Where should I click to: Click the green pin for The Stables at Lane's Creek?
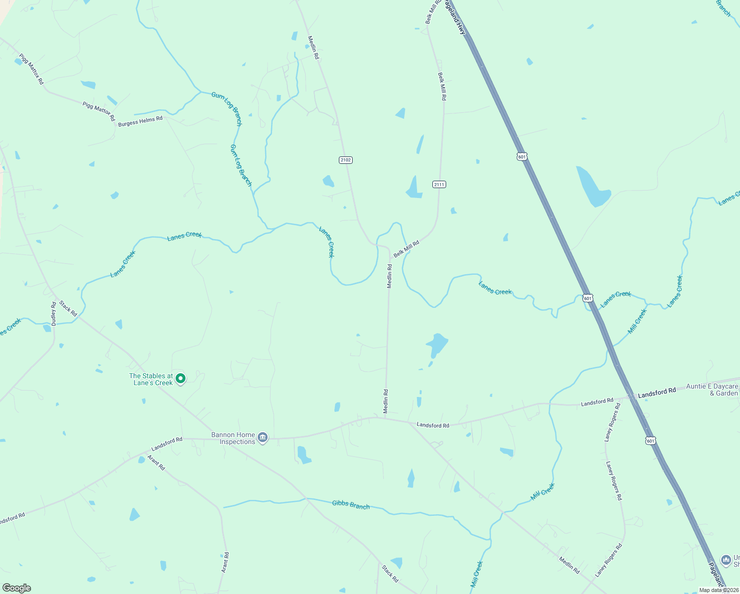tap(181, 378)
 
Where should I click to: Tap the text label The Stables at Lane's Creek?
tap(151, 379)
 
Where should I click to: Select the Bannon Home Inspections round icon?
tap(263, 438)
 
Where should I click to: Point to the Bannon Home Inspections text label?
tap(233, 438)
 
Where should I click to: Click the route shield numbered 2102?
tap(346, 160)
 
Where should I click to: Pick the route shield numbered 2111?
tap(439, 184)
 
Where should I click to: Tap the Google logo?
tap(16, 588)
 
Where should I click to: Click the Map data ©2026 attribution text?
tap(718, 590)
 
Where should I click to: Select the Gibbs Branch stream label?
tap(351, 504)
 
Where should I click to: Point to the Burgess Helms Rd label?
tap(140, 121)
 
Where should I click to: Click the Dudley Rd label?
tap(54, 313)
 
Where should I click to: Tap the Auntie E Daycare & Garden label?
tap(712, 390)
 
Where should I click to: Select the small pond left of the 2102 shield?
tap(328, 181)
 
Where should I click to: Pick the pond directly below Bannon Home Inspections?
tap(303, 455)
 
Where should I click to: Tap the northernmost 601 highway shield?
tap(522, 156)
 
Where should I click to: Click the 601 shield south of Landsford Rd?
tap(650, 441)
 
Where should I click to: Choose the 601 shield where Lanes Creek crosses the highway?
tap(587, 298)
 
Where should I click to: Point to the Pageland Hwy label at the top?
tap(455, 17)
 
